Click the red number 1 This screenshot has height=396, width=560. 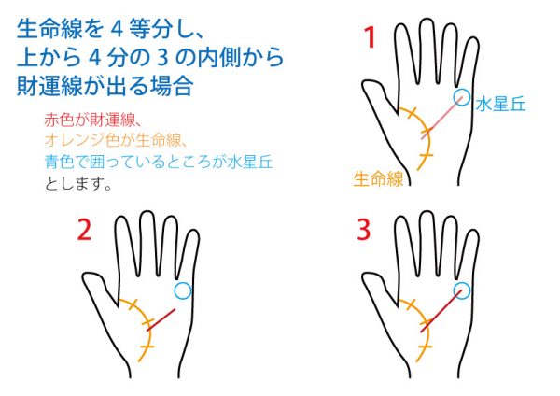[x=370, y=37]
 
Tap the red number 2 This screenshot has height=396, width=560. [x=84, y=230]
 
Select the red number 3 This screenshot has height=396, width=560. [x=364, y=230]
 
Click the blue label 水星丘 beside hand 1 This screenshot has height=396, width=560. [x=500, y=105]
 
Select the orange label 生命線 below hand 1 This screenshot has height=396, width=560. [x=378, y=178]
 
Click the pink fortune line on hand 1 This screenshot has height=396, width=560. [x=442, y=118]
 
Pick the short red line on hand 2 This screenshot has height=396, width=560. [x=161, y=319]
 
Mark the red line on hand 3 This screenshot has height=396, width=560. [x=441, y=311]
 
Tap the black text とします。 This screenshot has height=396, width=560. [x=78, y=184]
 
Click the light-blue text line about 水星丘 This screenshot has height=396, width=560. [x=159, y=162]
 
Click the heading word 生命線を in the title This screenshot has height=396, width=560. [x=61, y=29]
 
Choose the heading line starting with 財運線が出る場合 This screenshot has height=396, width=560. [x=105, y=86]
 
